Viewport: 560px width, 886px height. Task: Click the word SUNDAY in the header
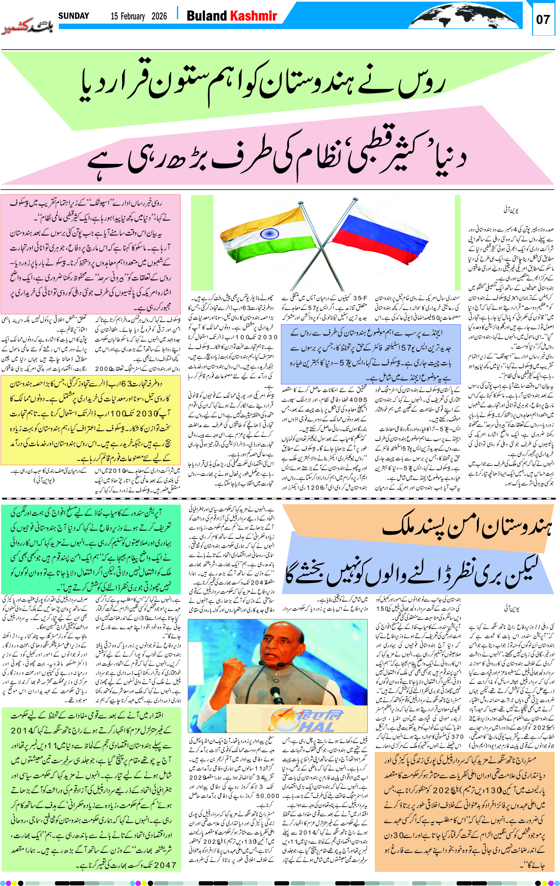coord(74,16)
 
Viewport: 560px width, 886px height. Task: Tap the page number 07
coord(543,19)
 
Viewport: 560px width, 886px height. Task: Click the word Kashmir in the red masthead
coord(253,16)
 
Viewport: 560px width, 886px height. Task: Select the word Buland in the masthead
coord(206,16)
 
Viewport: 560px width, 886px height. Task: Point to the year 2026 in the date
coord(159,16)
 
